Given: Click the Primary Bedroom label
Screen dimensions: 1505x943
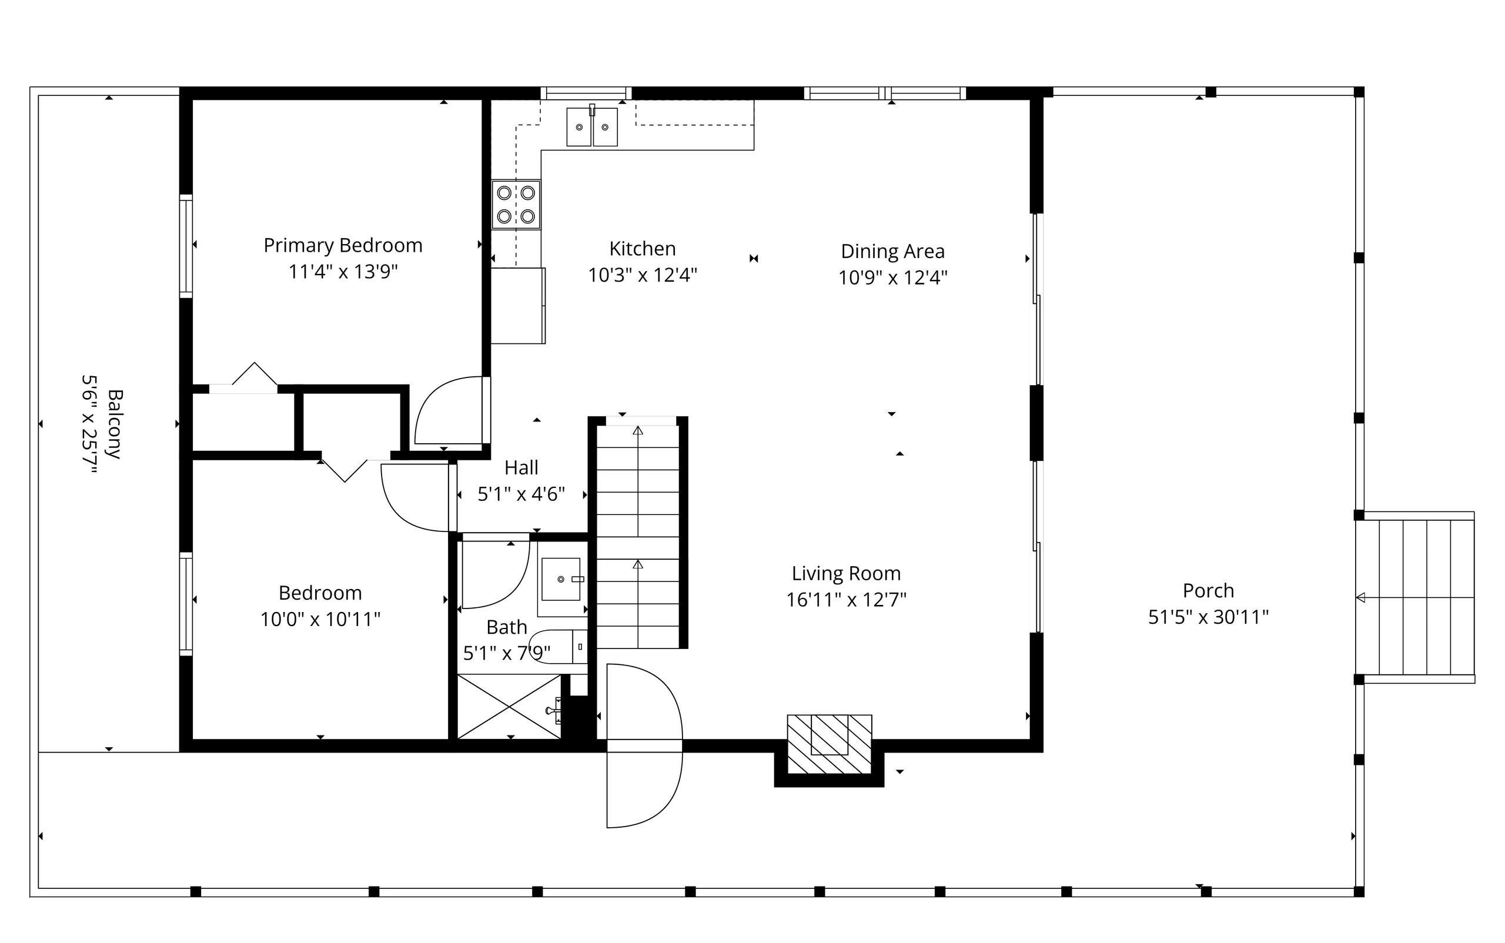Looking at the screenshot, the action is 343,246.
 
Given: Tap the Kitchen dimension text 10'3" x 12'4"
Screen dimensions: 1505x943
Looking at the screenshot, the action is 643,275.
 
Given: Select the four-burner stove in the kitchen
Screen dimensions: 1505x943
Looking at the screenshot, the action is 516,205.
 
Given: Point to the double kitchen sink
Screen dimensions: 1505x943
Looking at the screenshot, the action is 592,127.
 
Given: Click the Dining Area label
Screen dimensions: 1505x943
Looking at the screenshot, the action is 892,252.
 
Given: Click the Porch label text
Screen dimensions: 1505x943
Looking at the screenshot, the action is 1208,591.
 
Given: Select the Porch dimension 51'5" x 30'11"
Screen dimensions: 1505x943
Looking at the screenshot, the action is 1208,617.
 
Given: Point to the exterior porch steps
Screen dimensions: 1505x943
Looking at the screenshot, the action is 1416,597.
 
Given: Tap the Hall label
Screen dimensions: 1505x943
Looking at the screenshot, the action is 521,468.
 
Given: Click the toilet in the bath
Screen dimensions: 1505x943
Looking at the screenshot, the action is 557,647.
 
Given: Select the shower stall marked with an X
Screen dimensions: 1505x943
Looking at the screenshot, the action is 510,707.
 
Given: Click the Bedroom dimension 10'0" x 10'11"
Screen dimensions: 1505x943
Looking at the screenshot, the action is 320,619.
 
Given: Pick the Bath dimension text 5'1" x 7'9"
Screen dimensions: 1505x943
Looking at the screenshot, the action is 506,654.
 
